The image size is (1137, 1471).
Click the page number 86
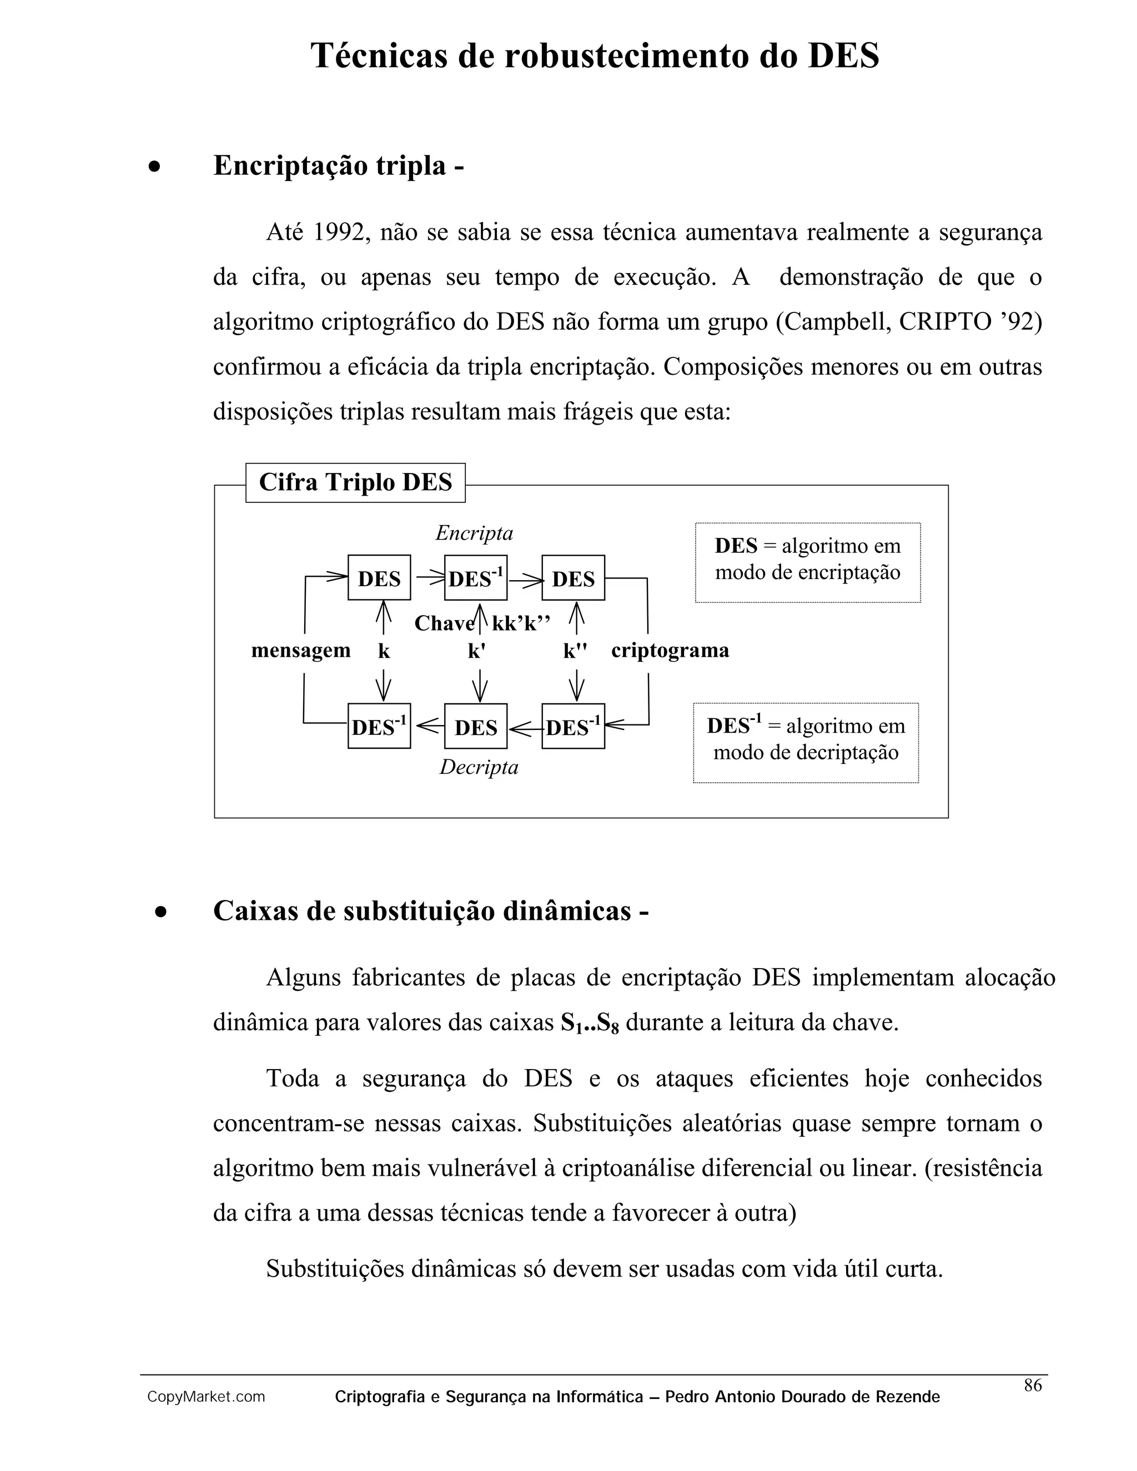[x=1033, y=1385]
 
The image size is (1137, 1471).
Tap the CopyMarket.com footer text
[x=206, y=1397]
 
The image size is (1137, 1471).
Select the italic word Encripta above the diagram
[x=474, y=533]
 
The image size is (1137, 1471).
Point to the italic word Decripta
[x=479, y=767]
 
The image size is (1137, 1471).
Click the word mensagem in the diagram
[x=300, y=650]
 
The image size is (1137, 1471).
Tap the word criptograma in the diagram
[x=670, y=650]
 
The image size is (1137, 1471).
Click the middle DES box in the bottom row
[x=476, y=726]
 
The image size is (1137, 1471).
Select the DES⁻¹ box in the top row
[x=476, y=578]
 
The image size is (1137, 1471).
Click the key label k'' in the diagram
[x=575, y=651]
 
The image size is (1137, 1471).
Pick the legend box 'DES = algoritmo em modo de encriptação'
[x=808, y=562]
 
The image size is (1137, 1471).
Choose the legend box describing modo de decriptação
[x=806, y=742]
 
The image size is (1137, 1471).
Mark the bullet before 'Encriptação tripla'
[x=155, y=167]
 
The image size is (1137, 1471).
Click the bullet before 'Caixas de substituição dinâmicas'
[x=160, y=912]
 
